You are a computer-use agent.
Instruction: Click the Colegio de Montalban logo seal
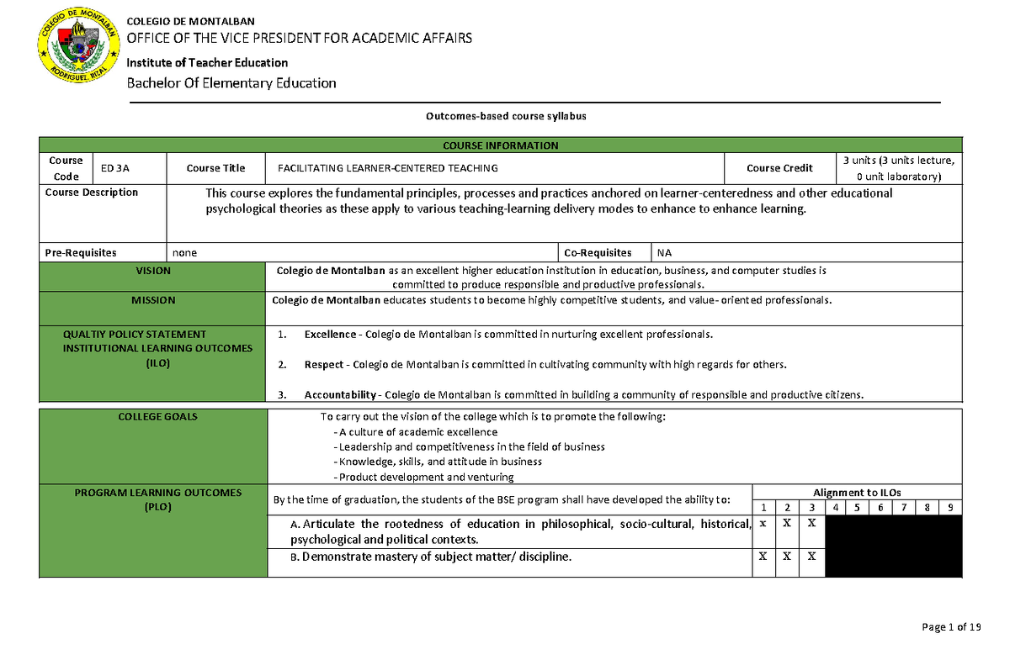77,50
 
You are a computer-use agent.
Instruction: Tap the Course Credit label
779,168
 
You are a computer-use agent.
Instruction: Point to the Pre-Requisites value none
185,252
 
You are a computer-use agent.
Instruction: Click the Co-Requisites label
598,252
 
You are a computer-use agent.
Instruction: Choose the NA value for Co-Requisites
665,252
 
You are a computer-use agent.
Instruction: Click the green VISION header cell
153,272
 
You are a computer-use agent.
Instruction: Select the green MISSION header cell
153,300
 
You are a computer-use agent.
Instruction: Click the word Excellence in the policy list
330,335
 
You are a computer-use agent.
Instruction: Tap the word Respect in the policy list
324,365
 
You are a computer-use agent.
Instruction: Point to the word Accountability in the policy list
340,394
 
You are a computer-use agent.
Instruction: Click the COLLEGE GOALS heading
153,417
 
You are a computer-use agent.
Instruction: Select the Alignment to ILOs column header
857,493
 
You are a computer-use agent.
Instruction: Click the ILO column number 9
950,508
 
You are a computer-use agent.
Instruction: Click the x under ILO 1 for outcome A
763,523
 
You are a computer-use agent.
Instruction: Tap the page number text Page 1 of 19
952,627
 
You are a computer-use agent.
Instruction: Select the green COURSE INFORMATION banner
501,145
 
